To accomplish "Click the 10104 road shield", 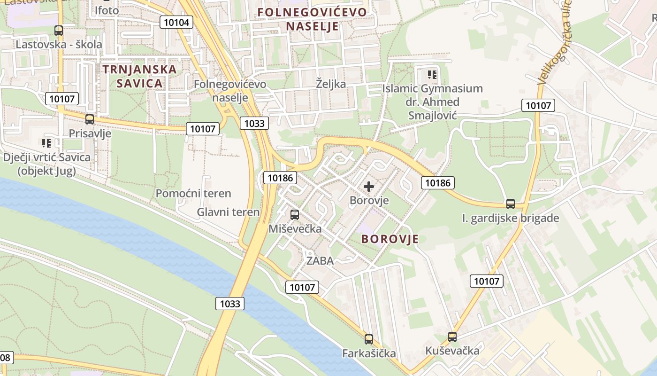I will pyautogui.click(x=176, y=22).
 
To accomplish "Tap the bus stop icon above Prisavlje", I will pyautogui.click(x=90, y=119).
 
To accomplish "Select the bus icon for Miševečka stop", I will pyautogui.click(x=295, y=215).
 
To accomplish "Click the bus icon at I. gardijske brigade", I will pyautogui.click(x=511, y=204).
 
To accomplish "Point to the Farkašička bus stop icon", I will pyautogui.click(x=369, y=339).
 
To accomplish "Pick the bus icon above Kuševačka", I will pyautogui.click(x=452, y=337).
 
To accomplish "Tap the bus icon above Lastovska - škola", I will pyautogui.click(x=59, y=31).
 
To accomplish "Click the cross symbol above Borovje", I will pyautogui.click(x=369, y=187).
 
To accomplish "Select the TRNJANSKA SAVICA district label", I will pyautogui.click(x=139, y=76).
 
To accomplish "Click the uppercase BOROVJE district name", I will pyautogui.click(x=390, y=239).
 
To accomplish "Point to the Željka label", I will pyautogui.click(x=331, y=84).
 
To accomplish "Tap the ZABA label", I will pyautogui.click(x=320, y=261).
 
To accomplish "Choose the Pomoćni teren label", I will pyautogui.click(x=193, y=193).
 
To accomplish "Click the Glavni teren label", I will pyautogui.click(x=228, y=212).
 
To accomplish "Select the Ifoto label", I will pyautogui.click(x=107, y=10).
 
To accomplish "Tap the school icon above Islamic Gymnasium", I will pyautogui.click(x=432, y=74).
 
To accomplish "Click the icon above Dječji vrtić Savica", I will pyautogui.click(x=46, y=143).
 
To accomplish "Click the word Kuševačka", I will pyautogui.click(x=452, y=351).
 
